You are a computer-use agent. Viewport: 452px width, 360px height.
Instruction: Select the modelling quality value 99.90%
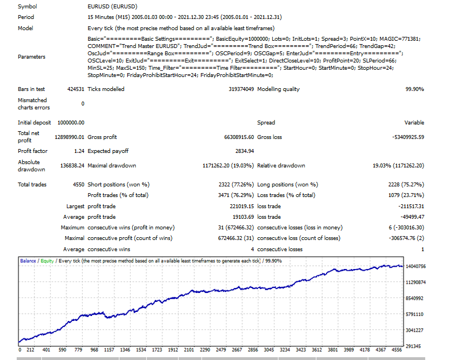tap(414, 89)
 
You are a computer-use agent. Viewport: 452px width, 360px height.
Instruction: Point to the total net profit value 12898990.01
tap(64, 137)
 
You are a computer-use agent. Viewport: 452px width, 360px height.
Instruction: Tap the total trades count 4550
tap(77, 184)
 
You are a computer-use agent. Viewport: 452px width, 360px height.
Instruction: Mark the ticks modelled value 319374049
tap(241, 89)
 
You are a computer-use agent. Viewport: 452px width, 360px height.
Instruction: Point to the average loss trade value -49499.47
tap(408, 217)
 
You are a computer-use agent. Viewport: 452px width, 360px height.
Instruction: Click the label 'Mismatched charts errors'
tap(34, 104)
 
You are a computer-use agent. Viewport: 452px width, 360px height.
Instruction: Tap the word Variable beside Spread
tap(414, 123)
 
